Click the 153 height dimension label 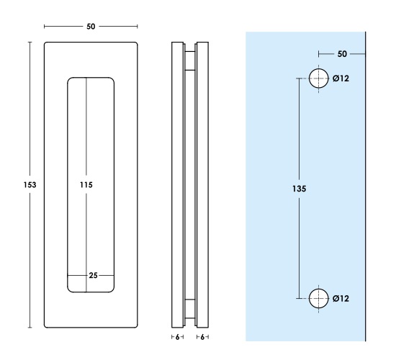pos(30,185)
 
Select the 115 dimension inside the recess pos(86,185)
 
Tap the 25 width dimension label pos(93,275)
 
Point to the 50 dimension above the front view pos(91,27)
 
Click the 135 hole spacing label pos(300,189)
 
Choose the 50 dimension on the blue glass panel pos(342,54)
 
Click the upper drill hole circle pos(319,68)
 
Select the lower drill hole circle pos(319,289)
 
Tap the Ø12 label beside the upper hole pos(341,78)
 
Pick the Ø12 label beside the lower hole pos(341,299)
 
